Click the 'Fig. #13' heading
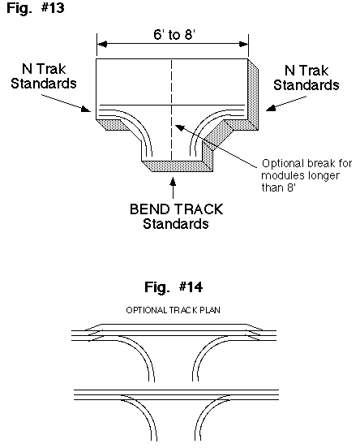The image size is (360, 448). [36, 8]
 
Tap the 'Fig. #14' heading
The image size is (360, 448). [174, 286]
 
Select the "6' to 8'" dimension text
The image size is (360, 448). [174, 35]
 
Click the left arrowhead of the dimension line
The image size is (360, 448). [102, 45]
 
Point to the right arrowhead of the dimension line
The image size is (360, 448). [243, 45]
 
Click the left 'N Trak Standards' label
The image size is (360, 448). [44, 76]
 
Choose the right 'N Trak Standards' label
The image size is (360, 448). [306, 78]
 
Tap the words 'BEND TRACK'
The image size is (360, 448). [177, 209]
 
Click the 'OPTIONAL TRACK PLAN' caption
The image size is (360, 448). [174, 310]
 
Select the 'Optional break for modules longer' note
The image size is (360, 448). [306, 170]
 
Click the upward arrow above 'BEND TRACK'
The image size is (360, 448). [173, 187]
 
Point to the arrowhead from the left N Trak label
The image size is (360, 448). [86, 109]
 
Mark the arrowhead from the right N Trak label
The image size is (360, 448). [271, 108]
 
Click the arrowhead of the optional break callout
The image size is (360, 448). [180, 128]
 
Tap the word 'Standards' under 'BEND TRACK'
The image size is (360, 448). [176, 224]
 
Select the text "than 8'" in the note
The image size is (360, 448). [278, 187]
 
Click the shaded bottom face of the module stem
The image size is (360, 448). [178, 166]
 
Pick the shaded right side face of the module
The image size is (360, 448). [253, 94]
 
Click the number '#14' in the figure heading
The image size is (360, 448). [191, 286]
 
